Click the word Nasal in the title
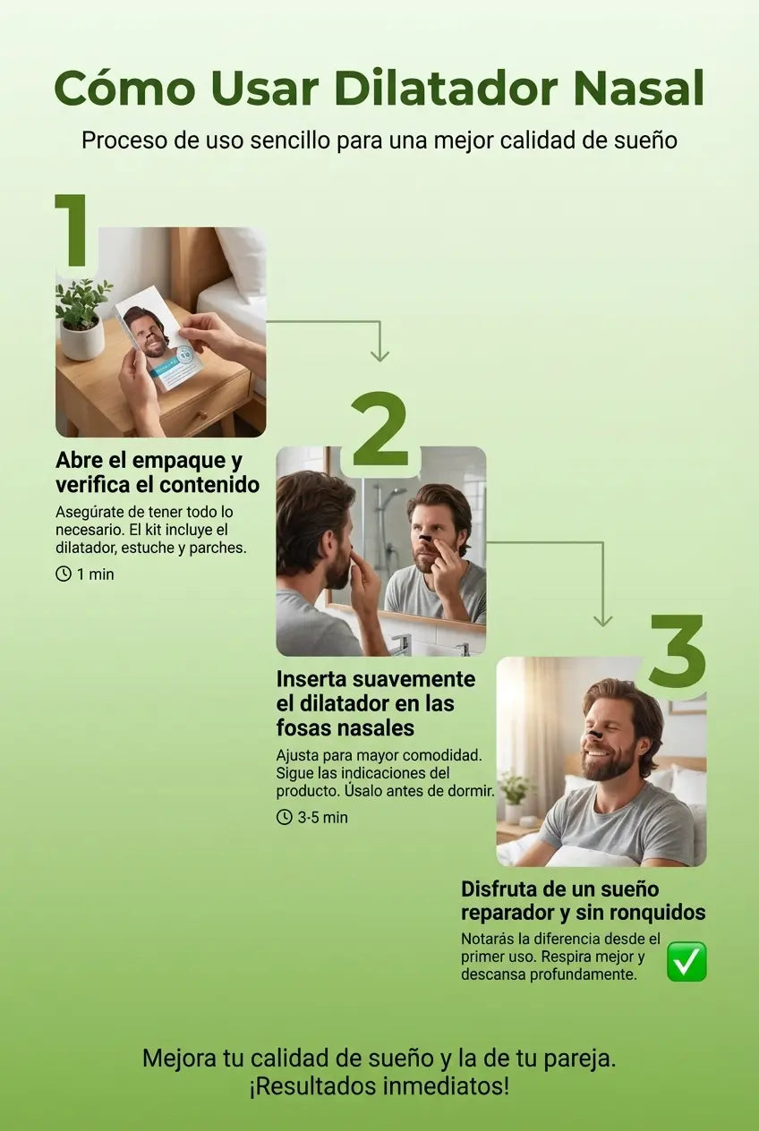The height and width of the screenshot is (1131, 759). [639, 89]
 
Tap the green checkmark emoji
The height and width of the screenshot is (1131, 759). [687, 961]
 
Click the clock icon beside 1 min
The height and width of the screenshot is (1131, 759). [64, 574]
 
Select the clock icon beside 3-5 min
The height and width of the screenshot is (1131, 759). [285, 817]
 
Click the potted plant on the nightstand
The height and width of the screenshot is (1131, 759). [82, 319]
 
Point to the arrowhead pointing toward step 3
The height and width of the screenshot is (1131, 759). [603, 621]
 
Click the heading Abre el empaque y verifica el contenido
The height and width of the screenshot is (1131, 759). [158, 472]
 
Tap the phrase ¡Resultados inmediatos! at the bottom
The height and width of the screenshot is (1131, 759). [379, 1086]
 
